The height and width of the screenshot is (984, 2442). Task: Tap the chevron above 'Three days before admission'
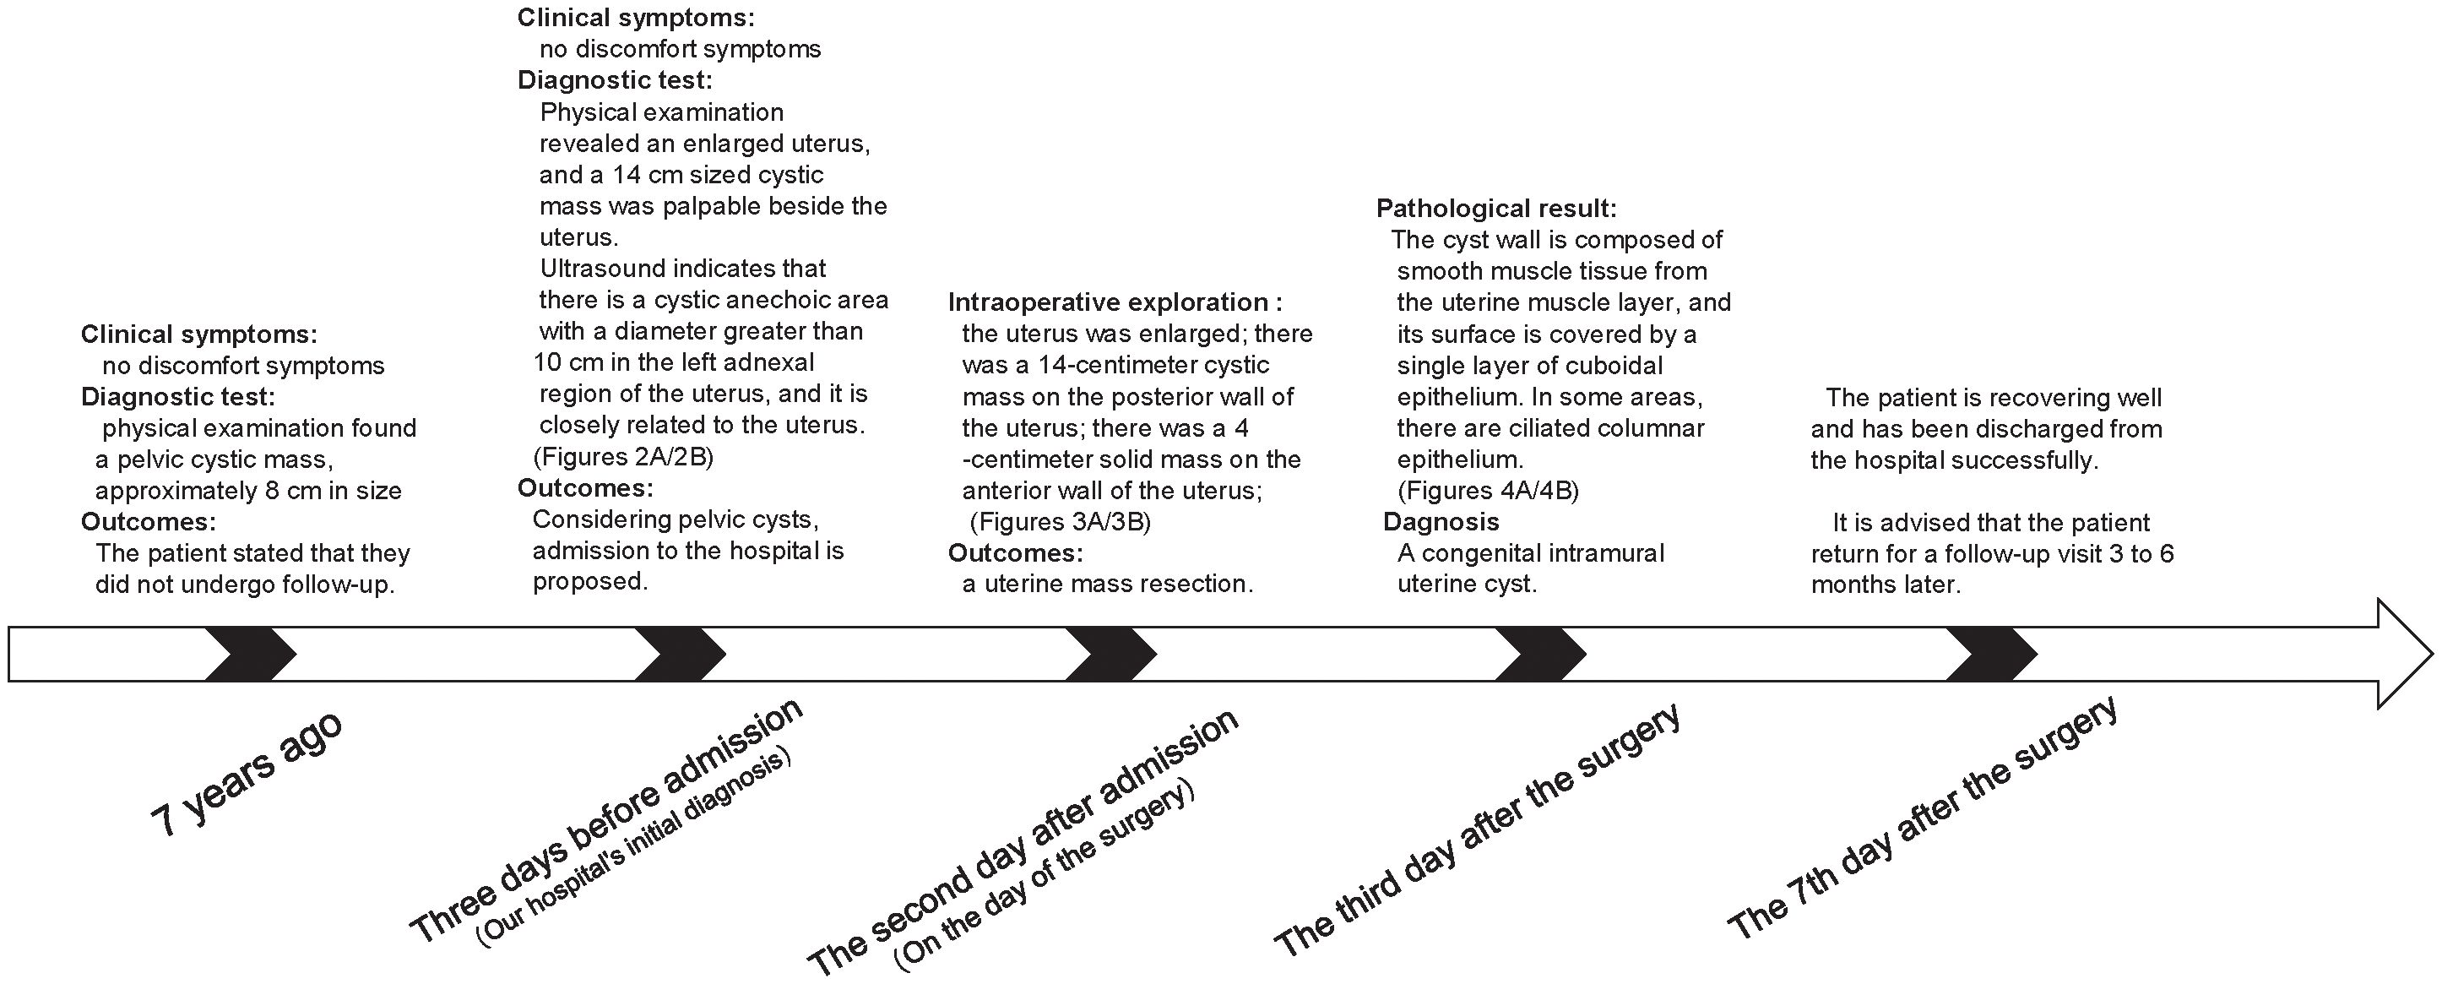[680, 654]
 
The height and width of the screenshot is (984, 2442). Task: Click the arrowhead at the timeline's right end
[2403, 654]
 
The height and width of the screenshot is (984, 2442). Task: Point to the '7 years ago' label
[247, 775]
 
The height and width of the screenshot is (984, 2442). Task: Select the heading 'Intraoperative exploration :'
[1115, 302]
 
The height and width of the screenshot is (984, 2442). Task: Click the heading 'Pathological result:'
[1496, 209]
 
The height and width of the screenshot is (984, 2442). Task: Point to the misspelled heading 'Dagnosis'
[1441, 521]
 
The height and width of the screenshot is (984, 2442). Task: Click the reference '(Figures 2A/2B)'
[623, 457]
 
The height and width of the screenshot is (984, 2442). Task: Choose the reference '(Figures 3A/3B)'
[1060, 522]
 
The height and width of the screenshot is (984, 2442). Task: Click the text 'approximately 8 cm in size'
[248, 491]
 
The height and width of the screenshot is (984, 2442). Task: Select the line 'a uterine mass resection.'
[1107, 584]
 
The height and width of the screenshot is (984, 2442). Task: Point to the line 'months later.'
[1886, 584]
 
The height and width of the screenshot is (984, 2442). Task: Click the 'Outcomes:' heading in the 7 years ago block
[148, 522]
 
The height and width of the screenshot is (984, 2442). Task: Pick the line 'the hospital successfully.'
[1954, 460]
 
